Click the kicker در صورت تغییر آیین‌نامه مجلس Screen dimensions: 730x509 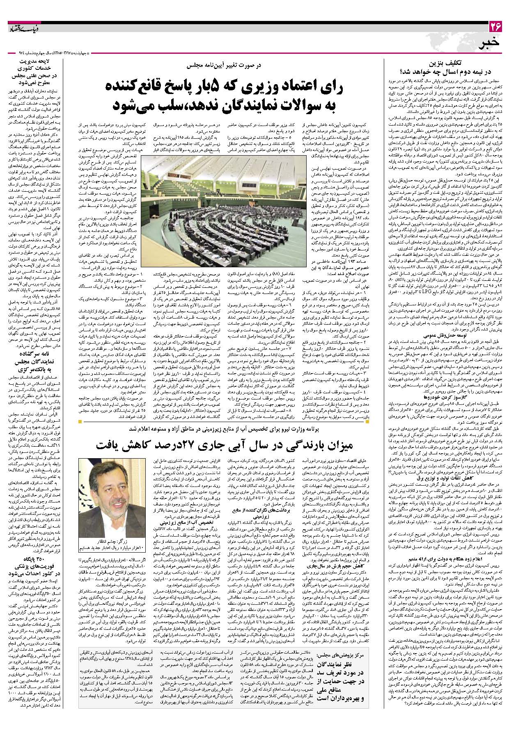pos(227,65)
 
